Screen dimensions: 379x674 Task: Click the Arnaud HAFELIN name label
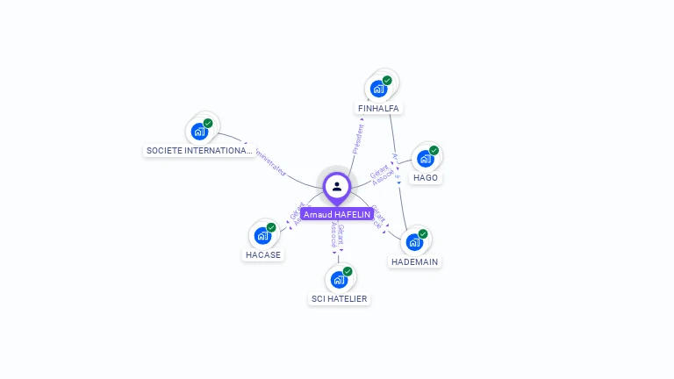coord(337,214)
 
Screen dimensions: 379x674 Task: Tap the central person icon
coord(337,186)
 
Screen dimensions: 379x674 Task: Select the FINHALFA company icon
coord(379,89)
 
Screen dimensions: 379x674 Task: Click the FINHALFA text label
coord(379,109)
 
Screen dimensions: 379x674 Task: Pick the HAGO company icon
coord(426,159)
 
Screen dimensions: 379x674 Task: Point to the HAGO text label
coord(426,177)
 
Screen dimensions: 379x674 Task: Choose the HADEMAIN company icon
coord(414,242)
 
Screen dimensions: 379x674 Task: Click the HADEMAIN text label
coord(414,261)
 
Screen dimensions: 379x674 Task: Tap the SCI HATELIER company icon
coord(340,280)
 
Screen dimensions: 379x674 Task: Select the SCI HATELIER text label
coord(340,299)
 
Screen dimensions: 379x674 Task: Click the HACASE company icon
coord(263,235)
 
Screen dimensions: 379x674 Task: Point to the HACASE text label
coord(263,255)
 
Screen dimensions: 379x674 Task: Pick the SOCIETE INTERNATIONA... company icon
coord(200,132)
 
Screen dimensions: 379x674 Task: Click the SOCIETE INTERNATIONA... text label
coord(200,151)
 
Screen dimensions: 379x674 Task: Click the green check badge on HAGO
coord(434,150)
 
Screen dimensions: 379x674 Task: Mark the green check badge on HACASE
coord(271,227)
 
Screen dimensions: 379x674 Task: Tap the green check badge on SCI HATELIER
coord(348,271)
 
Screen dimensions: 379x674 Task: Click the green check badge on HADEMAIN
coord(423,233)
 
